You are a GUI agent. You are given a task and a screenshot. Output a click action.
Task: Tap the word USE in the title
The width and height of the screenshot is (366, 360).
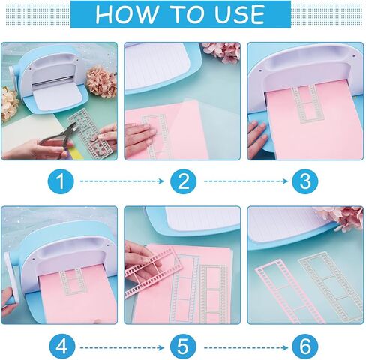click(x=233, y=13)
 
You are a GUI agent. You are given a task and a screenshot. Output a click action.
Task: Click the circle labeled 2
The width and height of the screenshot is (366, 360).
click(x=183, y=181)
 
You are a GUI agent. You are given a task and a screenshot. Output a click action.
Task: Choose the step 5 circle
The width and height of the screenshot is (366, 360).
click(x=183, y=346)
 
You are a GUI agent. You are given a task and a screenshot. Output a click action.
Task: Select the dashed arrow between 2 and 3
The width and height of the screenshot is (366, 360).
click(x=244, y=181)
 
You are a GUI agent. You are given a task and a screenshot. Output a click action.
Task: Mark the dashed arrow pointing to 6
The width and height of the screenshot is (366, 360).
click(x=244, y=346)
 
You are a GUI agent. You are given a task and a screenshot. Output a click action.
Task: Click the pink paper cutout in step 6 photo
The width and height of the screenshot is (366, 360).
click(x=278, y=289)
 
